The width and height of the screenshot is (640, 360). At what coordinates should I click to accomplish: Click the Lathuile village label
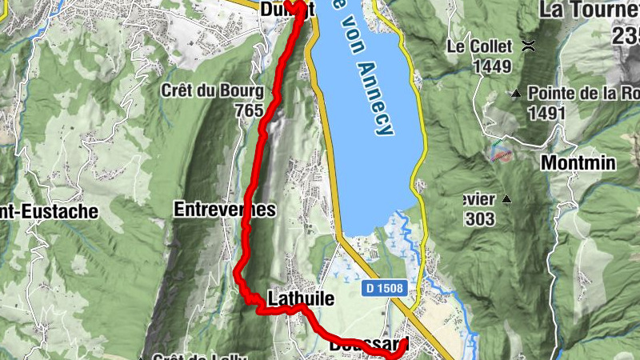(299, 298)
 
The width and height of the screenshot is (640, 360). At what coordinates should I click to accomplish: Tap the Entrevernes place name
(224, 210)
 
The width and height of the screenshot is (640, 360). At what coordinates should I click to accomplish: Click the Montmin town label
(578, 162)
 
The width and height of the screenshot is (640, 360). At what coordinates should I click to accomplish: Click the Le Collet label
(478, 46)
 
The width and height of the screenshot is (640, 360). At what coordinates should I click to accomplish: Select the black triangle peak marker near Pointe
(517, 93)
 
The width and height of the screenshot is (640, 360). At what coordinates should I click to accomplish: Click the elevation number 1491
(546, 113)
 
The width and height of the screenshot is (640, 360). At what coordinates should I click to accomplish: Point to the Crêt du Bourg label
(212, 90)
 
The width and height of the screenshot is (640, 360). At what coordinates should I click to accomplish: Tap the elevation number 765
(250, 110)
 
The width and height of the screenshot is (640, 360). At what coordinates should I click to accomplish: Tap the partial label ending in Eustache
(50, 212)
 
